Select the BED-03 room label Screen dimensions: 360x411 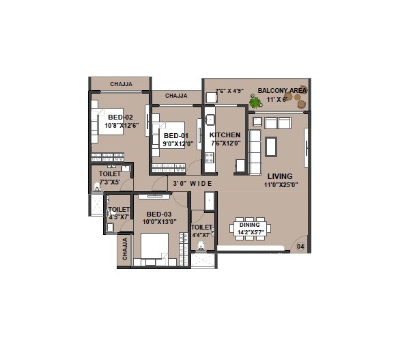[x=158, y=213]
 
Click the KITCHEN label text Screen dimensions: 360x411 [x=225, y=135]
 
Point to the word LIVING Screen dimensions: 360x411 [x=280, y=176]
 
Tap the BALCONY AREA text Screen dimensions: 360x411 [x=282, y=90]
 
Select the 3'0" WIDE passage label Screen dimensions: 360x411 [x=192, y=184]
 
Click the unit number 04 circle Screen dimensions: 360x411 [x=300, y=245]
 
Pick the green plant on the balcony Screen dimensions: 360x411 [x=255, y=102]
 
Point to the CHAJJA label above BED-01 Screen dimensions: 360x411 [x=176, y=96]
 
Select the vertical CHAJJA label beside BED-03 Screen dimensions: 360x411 [x=124, y=251]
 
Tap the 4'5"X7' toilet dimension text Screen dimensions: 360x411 [x=119, y=217]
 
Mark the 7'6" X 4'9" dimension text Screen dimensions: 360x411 [x=229, y=91]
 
